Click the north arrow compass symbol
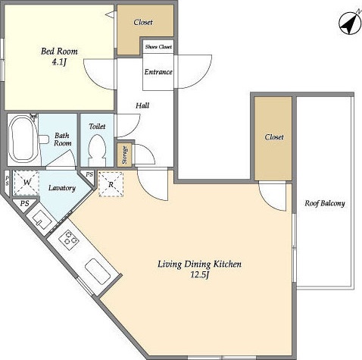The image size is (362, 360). [350, 23]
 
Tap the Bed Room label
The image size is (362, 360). [59, 52]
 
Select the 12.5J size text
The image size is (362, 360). [199, 275]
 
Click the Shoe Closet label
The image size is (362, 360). [158, 47]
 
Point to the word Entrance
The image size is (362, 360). [158, 72]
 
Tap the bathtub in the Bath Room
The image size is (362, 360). [22, 139]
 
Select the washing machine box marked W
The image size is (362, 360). [27, 183]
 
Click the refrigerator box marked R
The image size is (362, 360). [111, 184]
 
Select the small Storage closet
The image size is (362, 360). [124, 155]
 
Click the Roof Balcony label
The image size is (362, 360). [325, 203]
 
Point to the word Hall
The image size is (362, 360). [142, 105]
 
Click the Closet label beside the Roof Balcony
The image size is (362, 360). [274, 137]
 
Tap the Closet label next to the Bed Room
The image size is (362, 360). [143, 22]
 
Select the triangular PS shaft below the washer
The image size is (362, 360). [24, 205]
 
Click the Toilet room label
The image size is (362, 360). [97, 127]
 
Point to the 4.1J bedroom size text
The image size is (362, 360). [59, 62]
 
